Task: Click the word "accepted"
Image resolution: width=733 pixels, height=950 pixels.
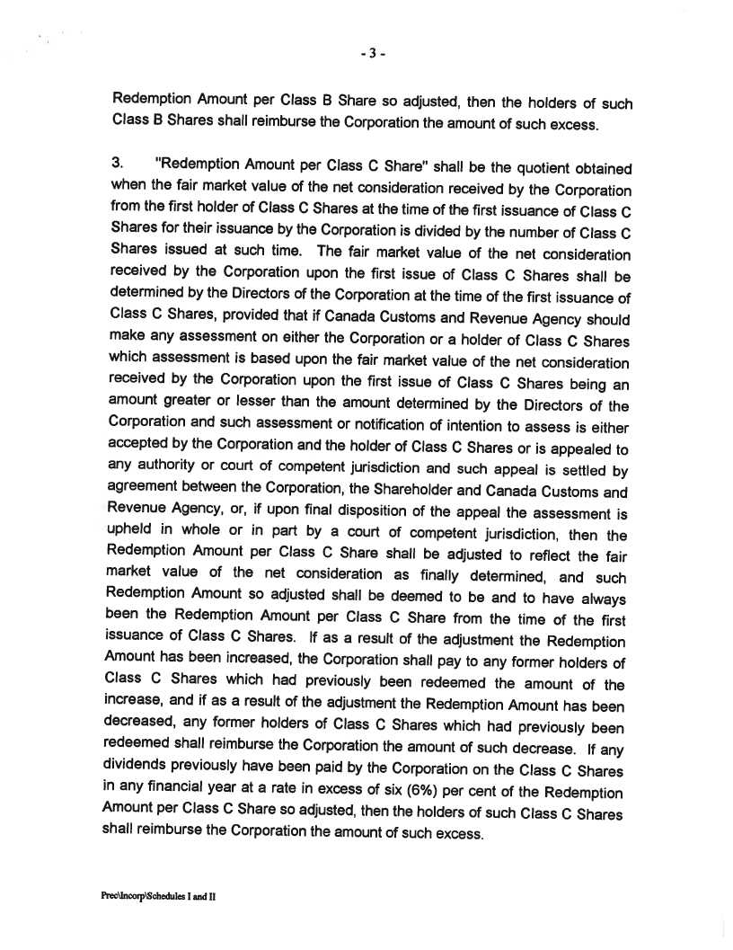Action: click(x=137, y=445)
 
